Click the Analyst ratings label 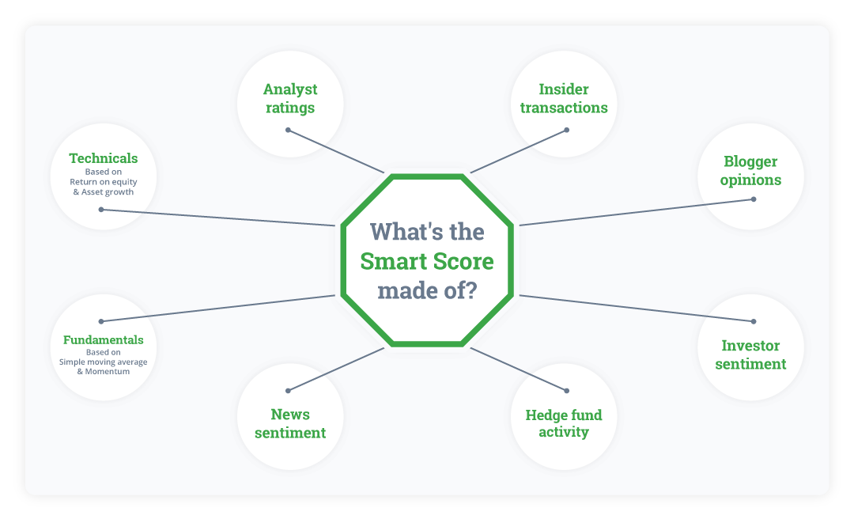[x=290, y=99]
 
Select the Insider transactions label [x=564, y=99]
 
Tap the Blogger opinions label [x=750, y=171]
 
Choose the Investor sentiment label [x=750, y=355]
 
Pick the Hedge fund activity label [x=564, y=423]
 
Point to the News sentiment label [x=290, y=423]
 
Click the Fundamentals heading [x=104, y=340]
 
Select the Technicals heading [x=104, y=158]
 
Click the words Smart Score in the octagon [x=427, y=261]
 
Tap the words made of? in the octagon [x=427, y=290]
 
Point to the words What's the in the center [x=427, y=232]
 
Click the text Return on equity [x=104, y=182]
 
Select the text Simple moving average [x=104, y=362]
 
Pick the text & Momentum [x=104, y=372]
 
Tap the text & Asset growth [x=104, y=191]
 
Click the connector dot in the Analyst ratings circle [x=289, y=130]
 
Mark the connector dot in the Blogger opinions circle [x=753, y=199]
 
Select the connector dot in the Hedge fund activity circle [x=566, y=390]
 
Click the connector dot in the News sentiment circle [x=289, y=390]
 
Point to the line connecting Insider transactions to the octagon [x=518, y=151]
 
